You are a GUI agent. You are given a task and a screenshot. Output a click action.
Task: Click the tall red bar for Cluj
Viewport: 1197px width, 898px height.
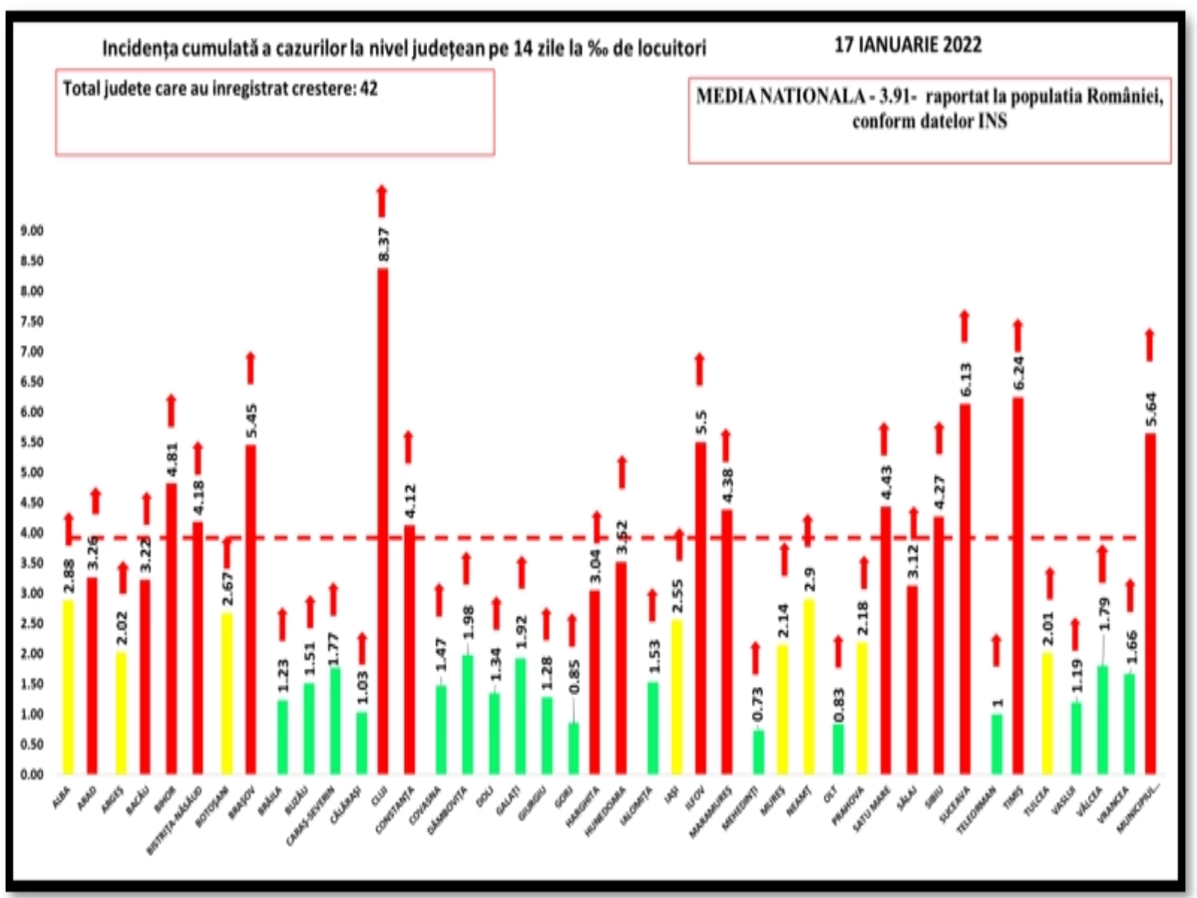click(x=382, y=524)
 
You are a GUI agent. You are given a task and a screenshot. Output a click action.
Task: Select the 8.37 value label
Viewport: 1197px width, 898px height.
click(x=384, y=245)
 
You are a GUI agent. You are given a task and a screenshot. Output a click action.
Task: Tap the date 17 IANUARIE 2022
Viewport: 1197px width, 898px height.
click(x=907, y=45)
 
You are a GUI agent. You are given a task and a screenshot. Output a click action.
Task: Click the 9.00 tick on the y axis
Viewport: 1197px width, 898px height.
click(x=32, y=231)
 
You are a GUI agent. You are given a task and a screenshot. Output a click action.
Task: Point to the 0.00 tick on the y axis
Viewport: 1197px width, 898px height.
click(x=32, y=775)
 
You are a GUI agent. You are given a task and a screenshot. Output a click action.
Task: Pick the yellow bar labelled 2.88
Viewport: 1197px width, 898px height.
click(x=69, y=687)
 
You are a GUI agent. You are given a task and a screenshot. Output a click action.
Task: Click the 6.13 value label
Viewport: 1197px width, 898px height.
click(x=966, y=379)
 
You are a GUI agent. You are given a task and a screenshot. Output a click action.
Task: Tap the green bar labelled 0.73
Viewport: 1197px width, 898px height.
click(x=759, y=752)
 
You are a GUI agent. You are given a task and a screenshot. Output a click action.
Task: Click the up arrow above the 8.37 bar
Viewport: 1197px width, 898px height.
click(x=382, y=201)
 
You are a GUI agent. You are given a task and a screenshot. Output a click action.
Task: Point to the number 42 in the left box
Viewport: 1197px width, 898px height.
click(x=369, y=89)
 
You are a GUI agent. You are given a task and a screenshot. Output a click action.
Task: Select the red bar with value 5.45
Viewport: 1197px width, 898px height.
click(x=251, y=610)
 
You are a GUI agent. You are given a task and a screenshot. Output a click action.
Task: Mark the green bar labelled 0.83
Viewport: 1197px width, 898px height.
click(x=838, y=749)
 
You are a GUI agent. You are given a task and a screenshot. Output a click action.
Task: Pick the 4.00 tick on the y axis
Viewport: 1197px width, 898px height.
click(x=32, y=533)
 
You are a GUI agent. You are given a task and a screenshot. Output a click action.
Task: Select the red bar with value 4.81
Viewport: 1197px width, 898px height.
click(x=171, y=629)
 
